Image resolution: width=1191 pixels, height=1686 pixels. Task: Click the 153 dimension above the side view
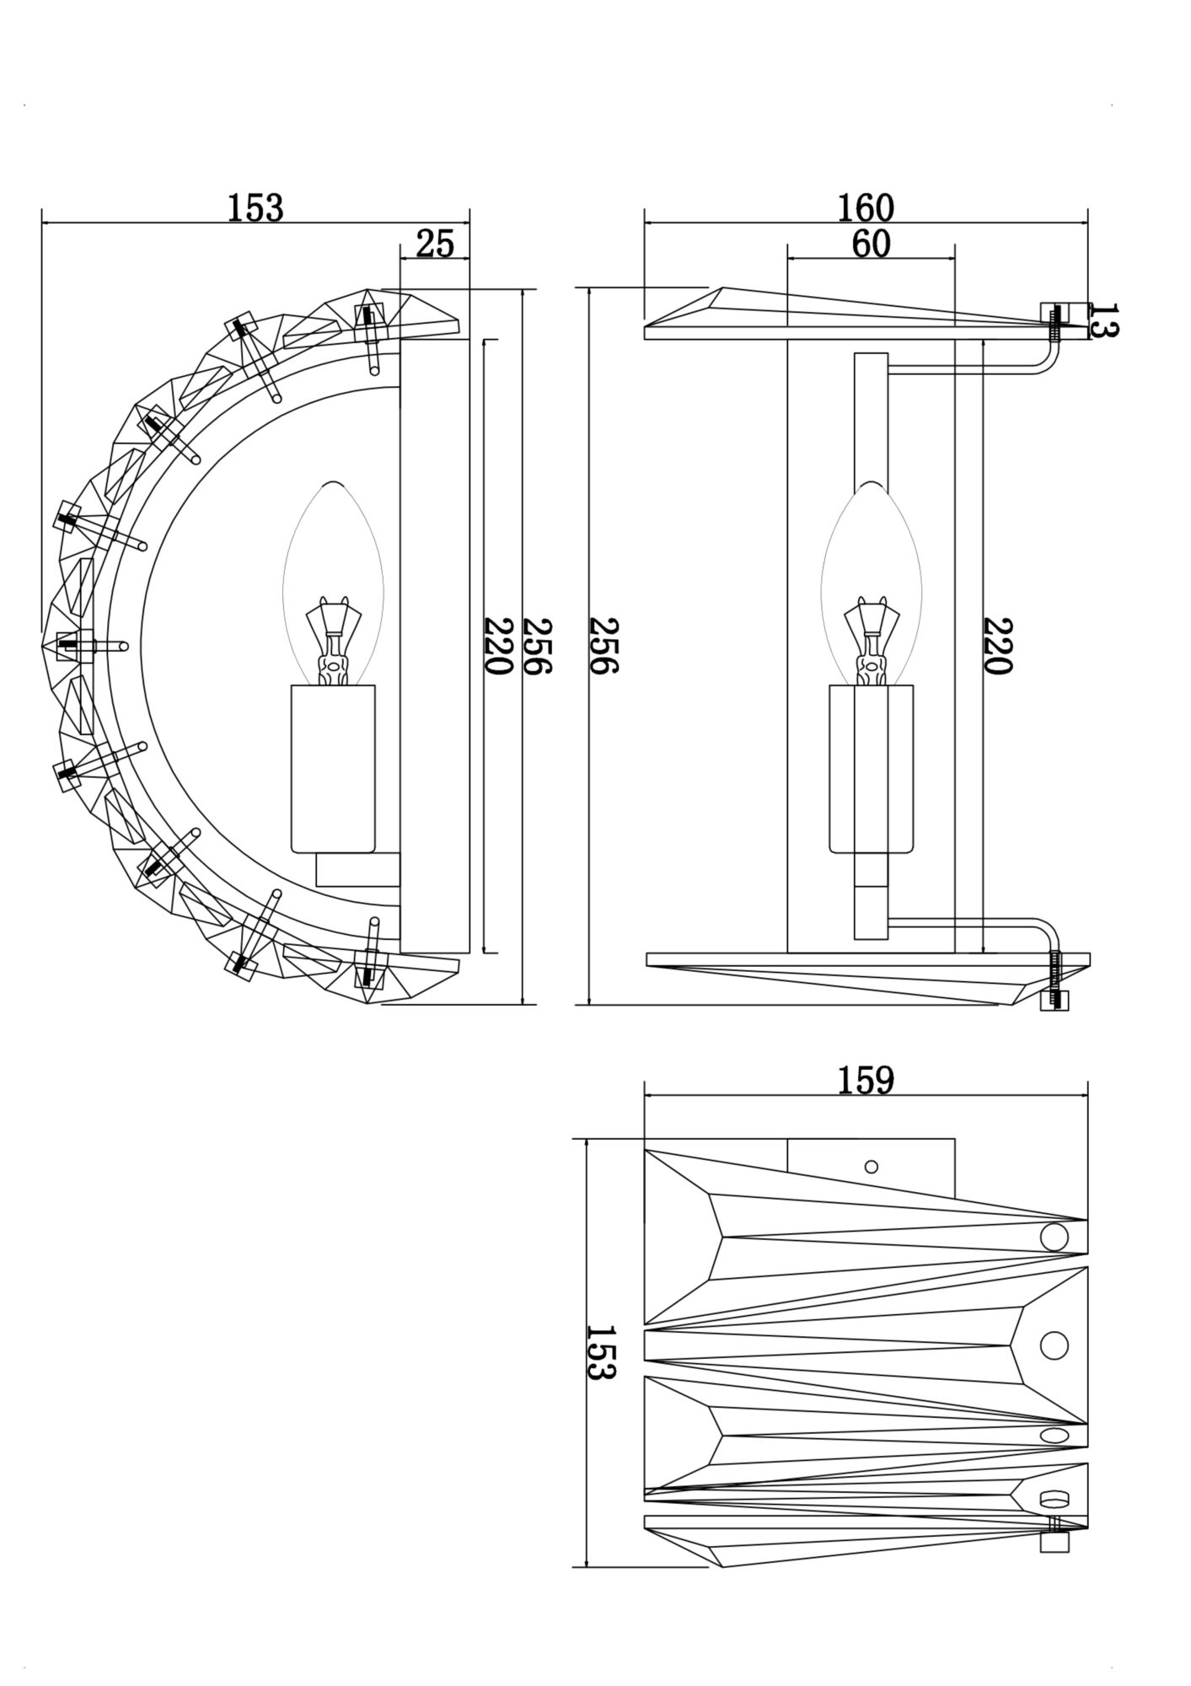[255, 207]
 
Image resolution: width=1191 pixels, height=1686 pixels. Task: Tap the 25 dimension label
[435, 244]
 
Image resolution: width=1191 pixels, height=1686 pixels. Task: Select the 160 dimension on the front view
[866, 207]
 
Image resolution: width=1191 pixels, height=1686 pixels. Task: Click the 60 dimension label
[871, 244]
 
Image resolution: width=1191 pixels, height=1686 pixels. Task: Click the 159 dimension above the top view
[866, 1080]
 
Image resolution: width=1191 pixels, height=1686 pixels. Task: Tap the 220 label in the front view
[996, 646]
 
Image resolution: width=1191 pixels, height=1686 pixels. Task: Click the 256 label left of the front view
[604, 646]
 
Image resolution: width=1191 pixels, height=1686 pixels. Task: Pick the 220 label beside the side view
[497, 646]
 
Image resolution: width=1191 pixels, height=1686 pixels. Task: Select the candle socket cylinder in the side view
[333, 768]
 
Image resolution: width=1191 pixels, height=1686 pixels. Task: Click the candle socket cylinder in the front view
[872, 768]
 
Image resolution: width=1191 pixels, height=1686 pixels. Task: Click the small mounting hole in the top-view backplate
[872, 1167]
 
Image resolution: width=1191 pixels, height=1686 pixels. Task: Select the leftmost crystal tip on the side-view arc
[46, 647]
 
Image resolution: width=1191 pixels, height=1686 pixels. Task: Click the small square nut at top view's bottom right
[1054, 1542]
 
